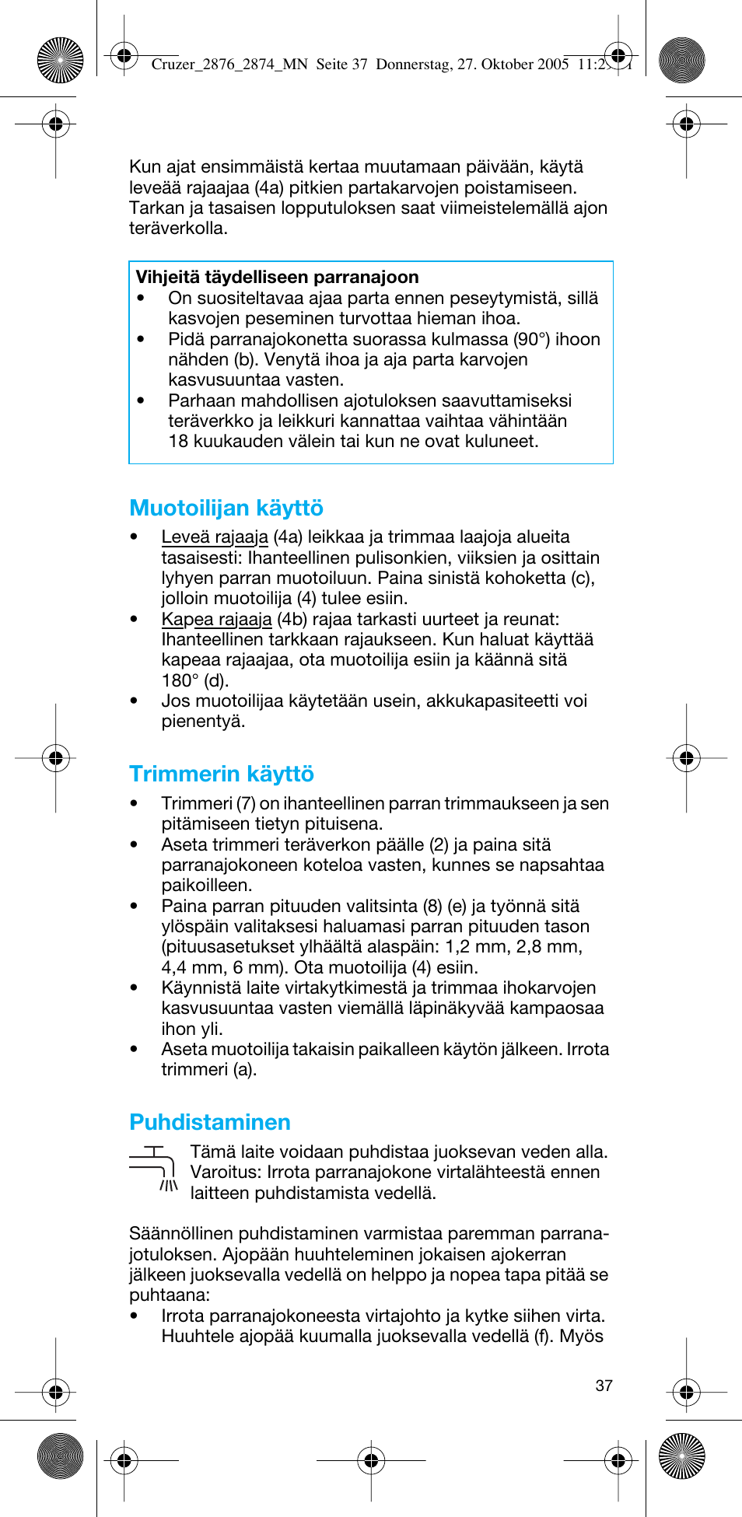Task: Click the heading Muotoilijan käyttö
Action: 226,509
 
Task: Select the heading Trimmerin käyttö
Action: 222,774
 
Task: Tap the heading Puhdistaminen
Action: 210,1123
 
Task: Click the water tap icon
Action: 154,1168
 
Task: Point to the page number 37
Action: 604,1386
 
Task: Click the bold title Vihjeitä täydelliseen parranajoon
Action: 277,278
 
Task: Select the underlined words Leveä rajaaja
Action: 215,537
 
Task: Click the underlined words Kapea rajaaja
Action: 216,620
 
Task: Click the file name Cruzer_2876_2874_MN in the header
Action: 229,65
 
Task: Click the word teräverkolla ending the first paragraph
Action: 178,229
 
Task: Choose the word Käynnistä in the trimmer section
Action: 198,988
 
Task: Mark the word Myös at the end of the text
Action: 581,1337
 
